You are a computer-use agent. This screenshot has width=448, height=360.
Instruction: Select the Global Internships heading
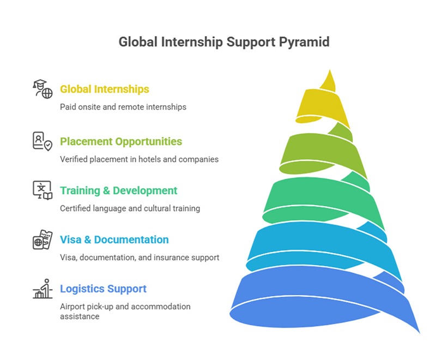(105, 89)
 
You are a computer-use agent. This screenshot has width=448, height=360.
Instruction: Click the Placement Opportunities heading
(121, 141)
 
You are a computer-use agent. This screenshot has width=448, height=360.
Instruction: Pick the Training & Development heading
(118, 190)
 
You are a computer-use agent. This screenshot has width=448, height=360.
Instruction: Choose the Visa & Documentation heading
(114, 239)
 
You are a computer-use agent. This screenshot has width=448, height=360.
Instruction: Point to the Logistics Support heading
(103, 289)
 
